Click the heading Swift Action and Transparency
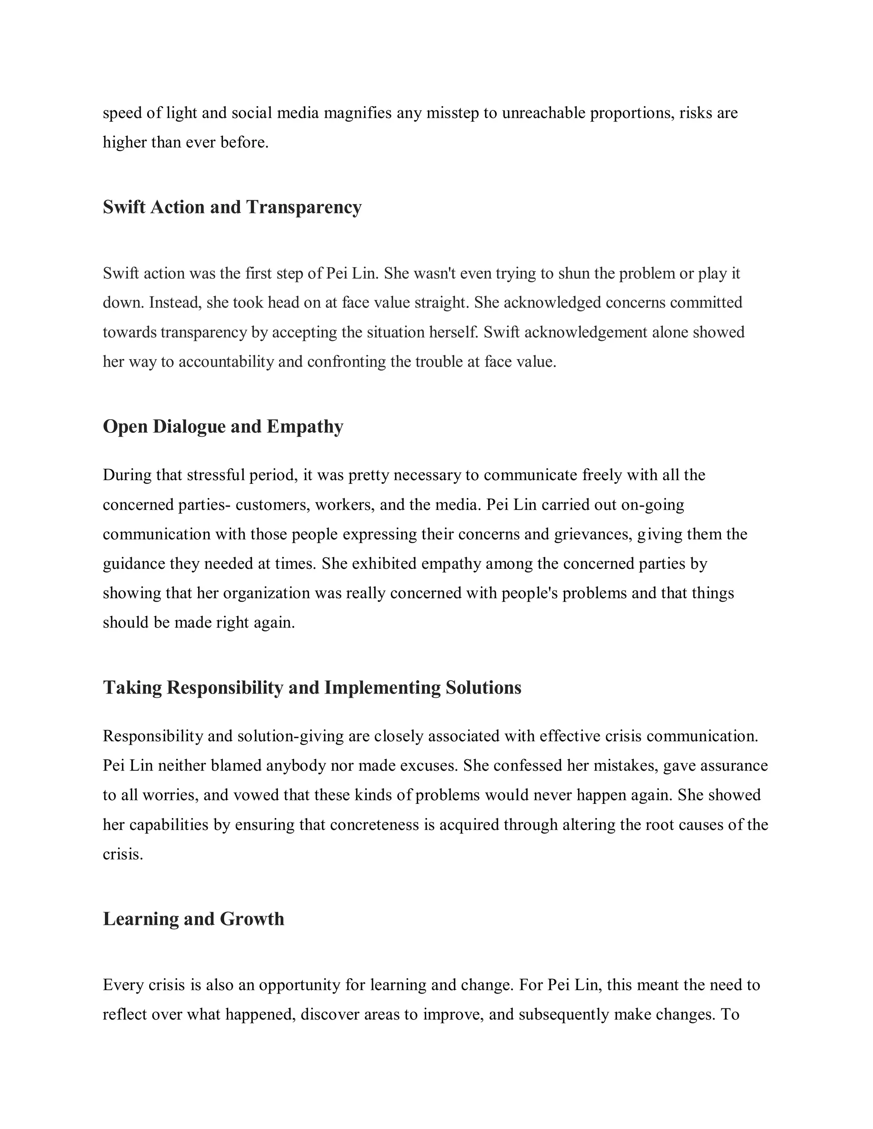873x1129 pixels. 232,207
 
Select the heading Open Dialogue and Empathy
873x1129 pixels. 223,426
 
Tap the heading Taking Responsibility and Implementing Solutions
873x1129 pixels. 312,688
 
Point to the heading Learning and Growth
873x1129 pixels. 194,919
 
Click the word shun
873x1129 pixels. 572,273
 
